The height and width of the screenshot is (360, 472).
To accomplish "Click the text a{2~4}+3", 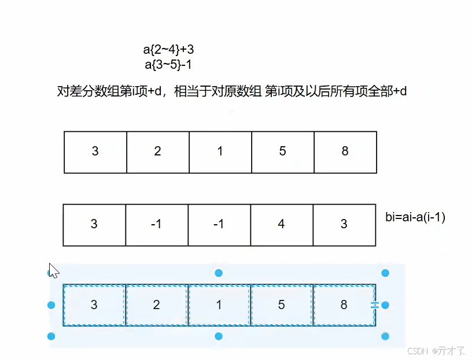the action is coord(168,50).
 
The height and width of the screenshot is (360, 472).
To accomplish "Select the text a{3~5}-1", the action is coord(168,64).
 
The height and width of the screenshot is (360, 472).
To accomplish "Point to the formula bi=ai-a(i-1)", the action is coord(415,217).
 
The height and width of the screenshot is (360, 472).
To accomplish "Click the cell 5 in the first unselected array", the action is coord(282,151).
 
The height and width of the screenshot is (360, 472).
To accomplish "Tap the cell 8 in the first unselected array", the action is coord(345,151).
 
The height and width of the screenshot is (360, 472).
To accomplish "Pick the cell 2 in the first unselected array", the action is coord(157,151).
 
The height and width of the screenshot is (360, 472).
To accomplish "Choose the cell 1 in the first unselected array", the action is coord(220,151).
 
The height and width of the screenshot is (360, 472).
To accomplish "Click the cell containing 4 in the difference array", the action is coord(281,224).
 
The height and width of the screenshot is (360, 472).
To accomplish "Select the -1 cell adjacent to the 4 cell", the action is coord(219,224).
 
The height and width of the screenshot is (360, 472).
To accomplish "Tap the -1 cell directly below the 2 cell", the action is coord(156,224).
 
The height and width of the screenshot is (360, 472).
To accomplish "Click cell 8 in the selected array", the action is coord(344,305).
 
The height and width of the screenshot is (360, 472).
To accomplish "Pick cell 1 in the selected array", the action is coord(219,305).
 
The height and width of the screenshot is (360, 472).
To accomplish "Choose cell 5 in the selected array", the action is coord(281,305).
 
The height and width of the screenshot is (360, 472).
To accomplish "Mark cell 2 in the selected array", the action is coord(156,305).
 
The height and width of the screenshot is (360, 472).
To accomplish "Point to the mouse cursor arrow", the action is coord(53,270).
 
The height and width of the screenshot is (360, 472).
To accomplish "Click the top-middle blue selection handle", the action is coord(219,273).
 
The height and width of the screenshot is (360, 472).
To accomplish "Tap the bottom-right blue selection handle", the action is coord(385,336).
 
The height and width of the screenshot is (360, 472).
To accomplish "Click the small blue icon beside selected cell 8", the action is coord(374,305).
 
